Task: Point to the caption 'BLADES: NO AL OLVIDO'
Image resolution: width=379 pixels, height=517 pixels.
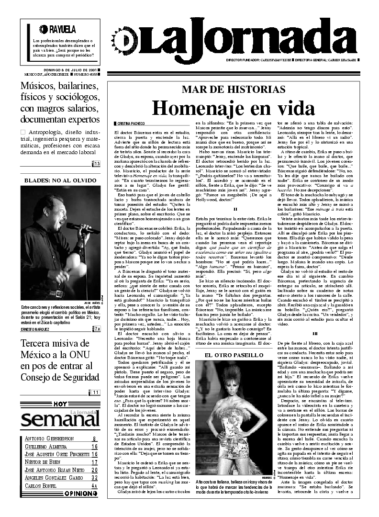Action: tap(60, 180)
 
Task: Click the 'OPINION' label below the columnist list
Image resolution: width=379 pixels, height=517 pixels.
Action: tap(81, 493)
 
